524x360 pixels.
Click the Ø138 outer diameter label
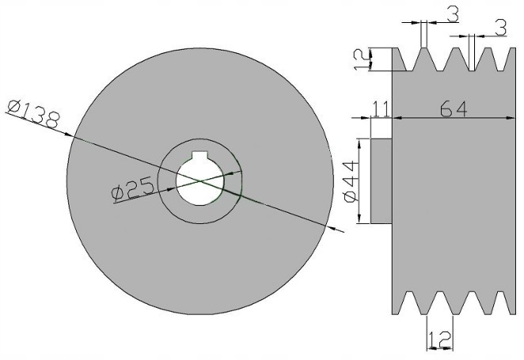[x=34, y=114]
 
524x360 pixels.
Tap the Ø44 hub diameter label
[x=351, y=181]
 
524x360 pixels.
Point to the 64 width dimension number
[x=454, y=109]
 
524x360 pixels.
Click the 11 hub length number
[x=381, y=108]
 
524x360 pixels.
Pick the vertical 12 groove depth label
[x=362, y=59]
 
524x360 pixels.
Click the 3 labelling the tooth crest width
[x=453, y=14]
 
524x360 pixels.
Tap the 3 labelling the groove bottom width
[x=500, y=28]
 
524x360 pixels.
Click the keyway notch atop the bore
[x=199, y=156]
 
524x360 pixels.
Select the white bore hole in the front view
[x=200, y=180]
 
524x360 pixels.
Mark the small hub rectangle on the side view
[x=382, y=181]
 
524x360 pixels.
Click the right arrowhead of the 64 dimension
[x=511, y=118]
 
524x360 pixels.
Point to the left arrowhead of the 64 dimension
[x=397, y=118]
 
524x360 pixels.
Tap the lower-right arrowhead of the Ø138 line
[x=331, y=227]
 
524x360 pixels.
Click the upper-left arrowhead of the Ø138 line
[x=68, y=135]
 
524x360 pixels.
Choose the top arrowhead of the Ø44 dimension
[x=359, y=144]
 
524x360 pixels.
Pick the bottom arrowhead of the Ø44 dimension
[x=359, y=218]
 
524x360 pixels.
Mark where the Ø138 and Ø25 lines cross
[x=200, y=181]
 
